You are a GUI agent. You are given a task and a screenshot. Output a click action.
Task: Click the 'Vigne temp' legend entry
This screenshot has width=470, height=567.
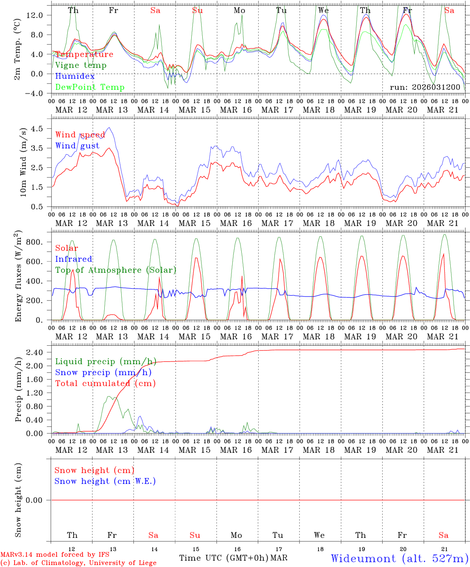click(81, 65)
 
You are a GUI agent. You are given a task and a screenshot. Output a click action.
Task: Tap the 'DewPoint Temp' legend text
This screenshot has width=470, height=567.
click(90, 87)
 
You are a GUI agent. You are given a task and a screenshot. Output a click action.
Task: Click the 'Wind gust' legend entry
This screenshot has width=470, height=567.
click(77, 146)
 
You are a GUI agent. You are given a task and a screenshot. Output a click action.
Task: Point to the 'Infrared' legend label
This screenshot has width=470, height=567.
click(74, 259)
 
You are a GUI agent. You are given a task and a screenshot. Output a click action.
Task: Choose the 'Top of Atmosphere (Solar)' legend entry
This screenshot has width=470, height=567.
click(115, 270)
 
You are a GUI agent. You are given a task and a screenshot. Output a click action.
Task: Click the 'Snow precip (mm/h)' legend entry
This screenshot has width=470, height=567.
click(103, 372)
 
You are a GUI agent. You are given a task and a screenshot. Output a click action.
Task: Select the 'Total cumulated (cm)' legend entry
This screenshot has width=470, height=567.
click(105, 384)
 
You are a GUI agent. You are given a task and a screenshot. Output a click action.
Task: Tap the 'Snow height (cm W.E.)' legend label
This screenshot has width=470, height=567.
click(105, 481)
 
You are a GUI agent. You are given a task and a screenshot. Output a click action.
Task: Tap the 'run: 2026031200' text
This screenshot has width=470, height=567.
click(425, 87)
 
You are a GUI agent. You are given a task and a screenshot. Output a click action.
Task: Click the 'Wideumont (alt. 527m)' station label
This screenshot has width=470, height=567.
click(399, 558)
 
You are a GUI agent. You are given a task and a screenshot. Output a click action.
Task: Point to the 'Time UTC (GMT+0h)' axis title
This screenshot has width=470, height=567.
click(224, 558)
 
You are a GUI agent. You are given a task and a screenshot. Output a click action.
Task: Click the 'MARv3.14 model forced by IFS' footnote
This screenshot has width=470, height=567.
click(55, 555)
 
